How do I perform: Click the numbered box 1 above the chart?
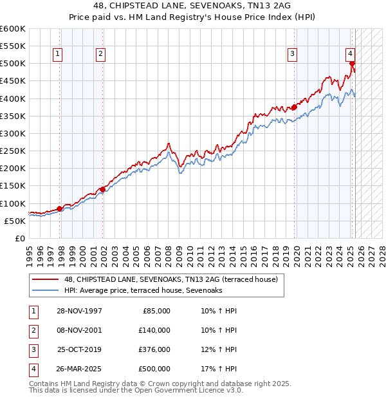point(58,55)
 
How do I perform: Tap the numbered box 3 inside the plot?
point(292,55)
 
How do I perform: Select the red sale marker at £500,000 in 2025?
point(353,64)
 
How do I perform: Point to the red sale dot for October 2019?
point(294,107)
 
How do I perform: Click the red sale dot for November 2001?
point(102,189)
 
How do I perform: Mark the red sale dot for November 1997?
point(59,209)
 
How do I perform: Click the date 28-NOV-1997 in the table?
point(79,311)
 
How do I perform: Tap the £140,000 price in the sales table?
point(154,330)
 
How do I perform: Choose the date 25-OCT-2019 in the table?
point(79,349)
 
